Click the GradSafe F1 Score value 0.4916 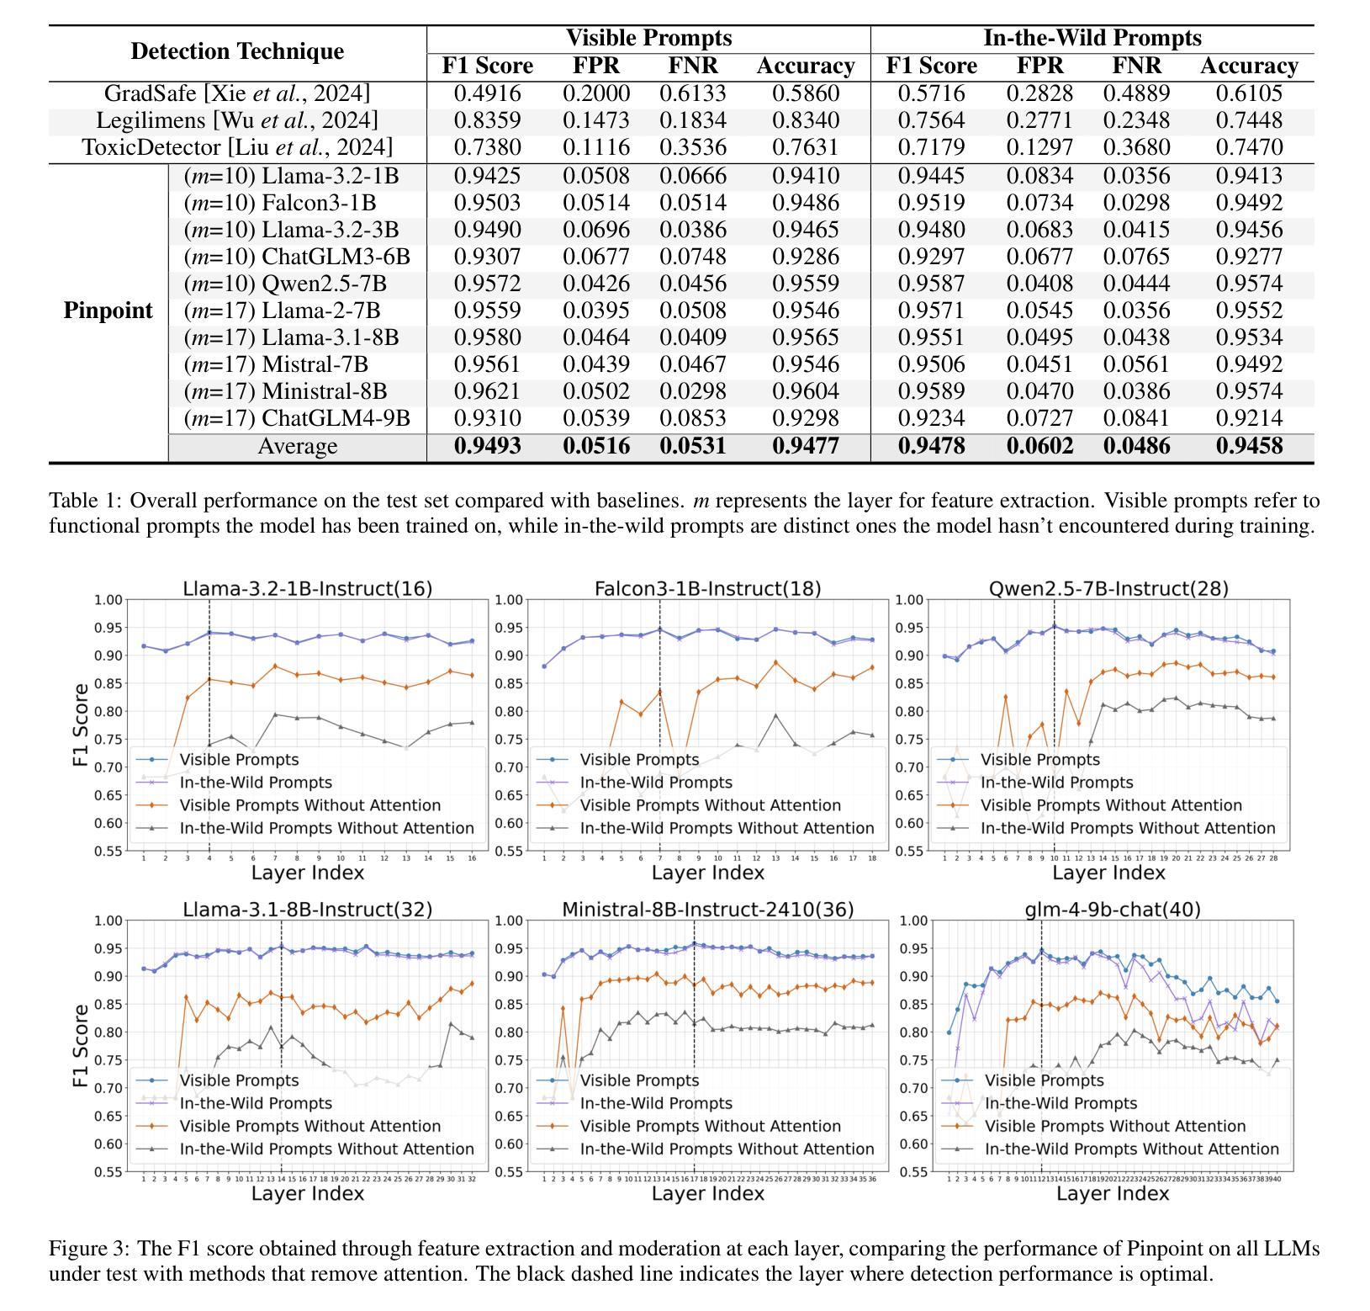click(x=487, y=93)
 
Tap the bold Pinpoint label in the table click(x=108, y=310)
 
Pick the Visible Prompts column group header click(x=648, y=38)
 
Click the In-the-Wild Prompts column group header click(x=1092, y=38)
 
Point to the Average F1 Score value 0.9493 click(x=487, y=446)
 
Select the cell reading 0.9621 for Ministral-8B click(x=487, y=391)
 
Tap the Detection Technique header click(x=237, y=51)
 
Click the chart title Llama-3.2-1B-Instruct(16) click(x=307, y=589)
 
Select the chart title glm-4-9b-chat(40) click(x=1112, y=910)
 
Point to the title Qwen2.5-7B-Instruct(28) click(x=1108, y=589)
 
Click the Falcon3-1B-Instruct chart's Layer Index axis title click(x=708, y=873)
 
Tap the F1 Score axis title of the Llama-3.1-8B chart click(x=81, y=1044)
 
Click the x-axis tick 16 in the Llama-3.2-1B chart click(x=472, y=858)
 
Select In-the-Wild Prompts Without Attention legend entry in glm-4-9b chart click(x=1131, y=1149)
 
